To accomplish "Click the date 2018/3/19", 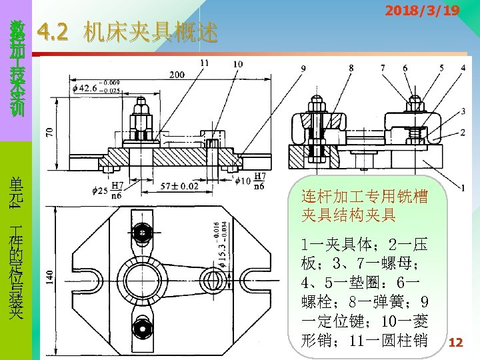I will pyautogui.click(x=421, y=11).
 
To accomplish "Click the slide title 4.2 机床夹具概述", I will pyautogui.click(x=128, y=32).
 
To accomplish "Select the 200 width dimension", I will pyautogui.click(x=177, y=75).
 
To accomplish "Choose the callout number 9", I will pyautogui.click(x=304, y=67).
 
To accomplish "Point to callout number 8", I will pyautogui.click(x=351, y=67).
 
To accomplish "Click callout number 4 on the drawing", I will pyautogui.click(x=463, y=67).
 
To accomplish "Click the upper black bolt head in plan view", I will pyautogui.click(x=143, y=233).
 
